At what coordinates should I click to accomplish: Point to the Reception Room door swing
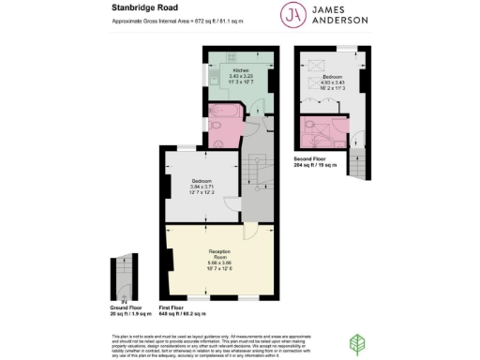pyautogui.click(x=250, y=232)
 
